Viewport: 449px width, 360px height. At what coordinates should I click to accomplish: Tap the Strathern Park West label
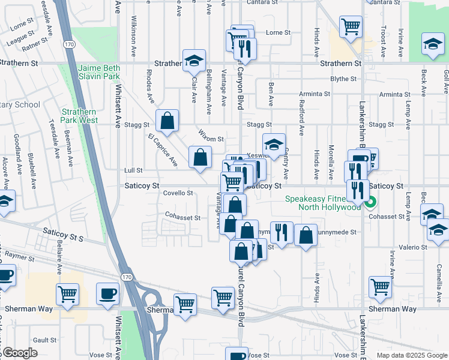point(80,116)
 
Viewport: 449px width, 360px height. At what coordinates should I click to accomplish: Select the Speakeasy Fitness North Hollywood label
point(323,203)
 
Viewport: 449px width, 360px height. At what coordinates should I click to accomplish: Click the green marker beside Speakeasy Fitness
point(370,202)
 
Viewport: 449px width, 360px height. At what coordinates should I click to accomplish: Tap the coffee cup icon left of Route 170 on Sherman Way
point(109,294)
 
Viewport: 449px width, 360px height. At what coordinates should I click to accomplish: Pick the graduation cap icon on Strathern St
point(193,59)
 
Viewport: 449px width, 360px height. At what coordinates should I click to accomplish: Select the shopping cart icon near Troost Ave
point(350,26)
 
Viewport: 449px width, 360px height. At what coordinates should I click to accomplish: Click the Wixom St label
point(211,139)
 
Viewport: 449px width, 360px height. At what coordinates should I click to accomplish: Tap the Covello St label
point(178,193)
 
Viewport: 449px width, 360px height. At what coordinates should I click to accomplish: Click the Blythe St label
point(343,79)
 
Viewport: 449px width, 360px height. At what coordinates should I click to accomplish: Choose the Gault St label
point(44,340)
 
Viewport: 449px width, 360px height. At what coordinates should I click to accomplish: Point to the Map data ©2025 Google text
point(412,355)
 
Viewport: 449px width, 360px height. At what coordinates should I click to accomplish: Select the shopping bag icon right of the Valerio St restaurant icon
point(306,235)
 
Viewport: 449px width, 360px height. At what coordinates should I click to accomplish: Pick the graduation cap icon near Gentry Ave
point(273,144)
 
